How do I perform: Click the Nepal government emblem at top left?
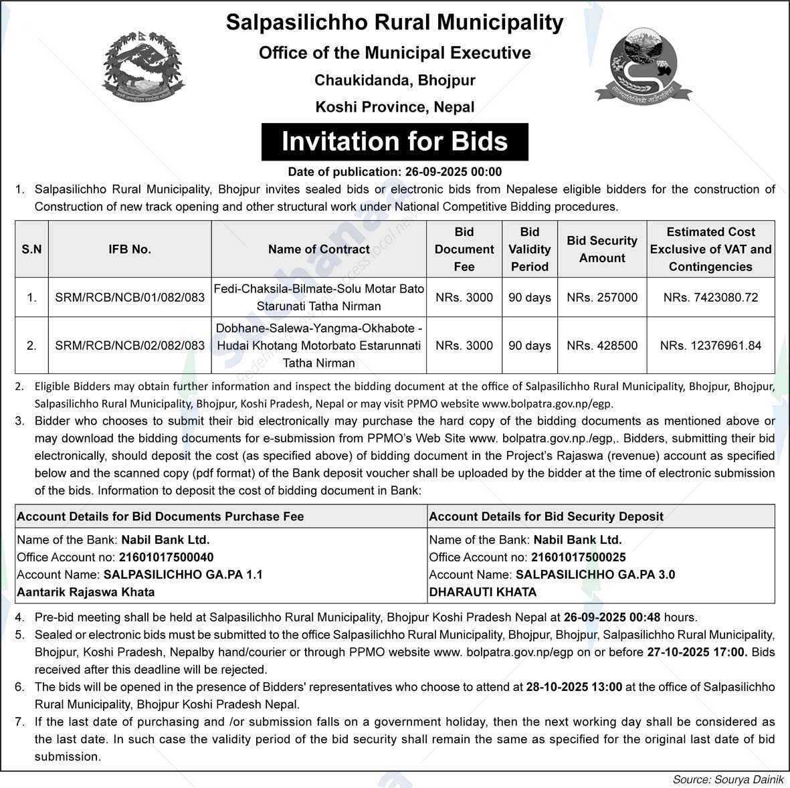(x=142, y=68)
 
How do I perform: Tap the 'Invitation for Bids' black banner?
(x=395, y=142)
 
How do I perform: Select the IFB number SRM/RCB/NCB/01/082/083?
(x=130, y=297)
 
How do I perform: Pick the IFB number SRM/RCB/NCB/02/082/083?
(x=130, y=346)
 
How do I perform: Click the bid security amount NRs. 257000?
(x=602, y=297)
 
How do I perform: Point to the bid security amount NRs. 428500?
(x=602, y=346)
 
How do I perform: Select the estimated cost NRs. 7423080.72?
(x=710, y=297)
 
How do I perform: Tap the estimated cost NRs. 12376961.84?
(x=710, y=346)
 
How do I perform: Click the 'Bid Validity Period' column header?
(x=529, y=250)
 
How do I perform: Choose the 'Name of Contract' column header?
(x=318, y=250)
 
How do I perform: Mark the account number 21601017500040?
(x=167, y=557)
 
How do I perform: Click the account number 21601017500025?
(x=579, y=557)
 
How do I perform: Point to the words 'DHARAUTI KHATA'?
(x=483, y=592)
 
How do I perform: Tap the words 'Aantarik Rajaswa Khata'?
(x=86, y=592)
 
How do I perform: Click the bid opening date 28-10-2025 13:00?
(x=574, y=687)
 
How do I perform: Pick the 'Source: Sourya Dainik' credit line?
(x=728, y=779)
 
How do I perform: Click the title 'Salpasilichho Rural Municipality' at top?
(x=395, y=22)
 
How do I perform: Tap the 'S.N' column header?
(x=31, y=250)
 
